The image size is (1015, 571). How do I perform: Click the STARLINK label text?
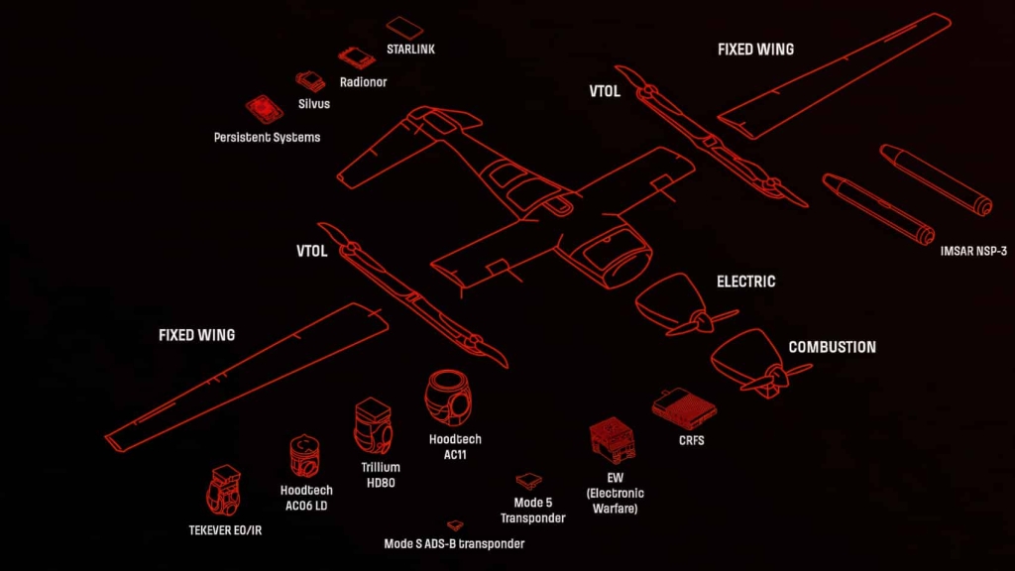pyautogui.click(x=410, y=49)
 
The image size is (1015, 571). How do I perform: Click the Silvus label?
pyautogui.click(x=313, y=103)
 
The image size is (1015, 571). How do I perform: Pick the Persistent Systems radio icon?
pyautogui.click(x=265, y=109)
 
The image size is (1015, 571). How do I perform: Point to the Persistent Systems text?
pyautogui.click(x=267, y=138)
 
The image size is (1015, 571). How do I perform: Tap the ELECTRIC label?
pyautogui.click(x=745, y=282)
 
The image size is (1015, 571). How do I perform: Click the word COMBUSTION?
pyautogui.click(x=832, y=348)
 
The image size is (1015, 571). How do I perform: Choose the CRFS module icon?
pyautogui.click(x=684, y=404)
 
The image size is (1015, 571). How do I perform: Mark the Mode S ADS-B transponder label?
pyautogui.click(x=454, y=543)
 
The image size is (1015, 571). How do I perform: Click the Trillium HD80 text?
pyautogui.click(x=381, y=475)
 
